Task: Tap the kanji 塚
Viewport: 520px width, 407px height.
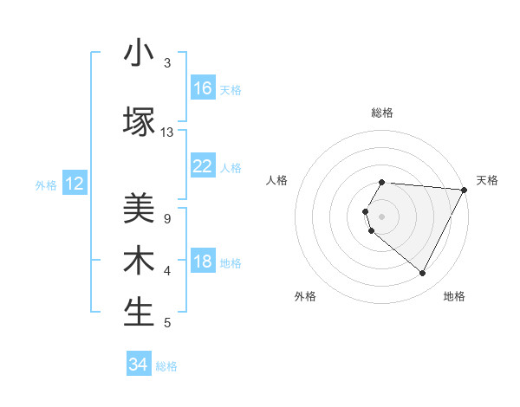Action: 139,121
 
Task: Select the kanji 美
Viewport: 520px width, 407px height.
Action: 139,209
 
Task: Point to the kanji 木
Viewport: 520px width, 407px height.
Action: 139,261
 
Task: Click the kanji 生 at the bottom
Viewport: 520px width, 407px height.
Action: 139,313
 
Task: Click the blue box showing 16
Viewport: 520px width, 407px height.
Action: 203,88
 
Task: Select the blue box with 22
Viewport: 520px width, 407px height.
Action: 203,166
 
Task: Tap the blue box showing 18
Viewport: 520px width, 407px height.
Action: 203,262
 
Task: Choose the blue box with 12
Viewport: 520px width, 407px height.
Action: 75,184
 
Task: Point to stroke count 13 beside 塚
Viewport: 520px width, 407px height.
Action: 167,132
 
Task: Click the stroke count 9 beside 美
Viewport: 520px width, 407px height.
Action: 166,219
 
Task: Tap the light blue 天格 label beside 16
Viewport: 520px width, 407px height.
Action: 231,89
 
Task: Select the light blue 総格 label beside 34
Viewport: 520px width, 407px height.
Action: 166,366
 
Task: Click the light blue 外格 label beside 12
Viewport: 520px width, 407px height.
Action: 46,184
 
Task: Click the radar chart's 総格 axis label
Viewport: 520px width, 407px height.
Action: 382,113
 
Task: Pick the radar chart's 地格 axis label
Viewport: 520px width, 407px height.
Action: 454,296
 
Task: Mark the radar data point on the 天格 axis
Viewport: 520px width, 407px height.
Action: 465,190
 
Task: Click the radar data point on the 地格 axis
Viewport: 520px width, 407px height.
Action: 423,274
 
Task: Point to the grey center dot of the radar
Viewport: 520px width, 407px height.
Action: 382,216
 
